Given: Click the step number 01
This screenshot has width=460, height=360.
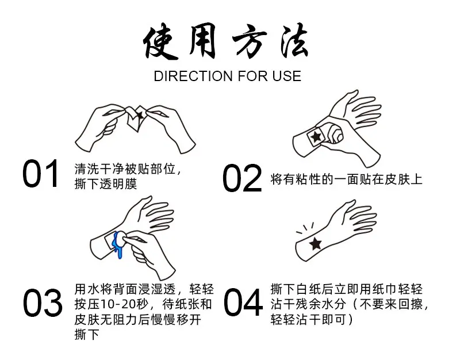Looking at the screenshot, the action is click(40, 174).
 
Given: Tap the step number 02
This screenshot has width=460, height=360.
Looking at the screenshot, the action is click(242, 178).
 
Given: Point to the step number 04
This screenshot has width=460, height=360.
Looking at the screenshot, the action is click(243, 302).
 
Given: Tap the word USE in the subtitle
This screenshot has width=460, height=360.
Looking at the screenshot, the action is click(286, 76).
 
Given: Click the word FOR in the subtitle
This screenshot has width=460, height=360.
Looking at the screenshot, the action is click(253, 76).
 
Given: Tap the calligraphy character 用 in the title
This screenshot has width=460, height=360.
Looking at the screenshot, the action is click(203, 40).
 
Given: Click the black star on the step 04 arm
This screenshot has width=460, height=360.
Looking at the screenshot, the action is click(315, 243).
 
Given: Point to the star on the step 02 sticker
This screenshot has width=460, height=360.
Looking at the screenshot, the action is click(316, 136).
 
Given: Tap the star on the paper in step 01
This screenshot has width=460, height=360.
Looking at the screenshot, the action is click(140, 114).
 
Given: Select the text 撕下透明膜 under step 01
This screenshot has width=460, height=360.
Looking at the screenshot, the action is click(106, 184).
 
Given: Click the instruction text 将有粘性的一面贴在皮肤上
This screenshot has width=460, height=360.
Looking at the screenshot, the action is click(346, 179).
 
